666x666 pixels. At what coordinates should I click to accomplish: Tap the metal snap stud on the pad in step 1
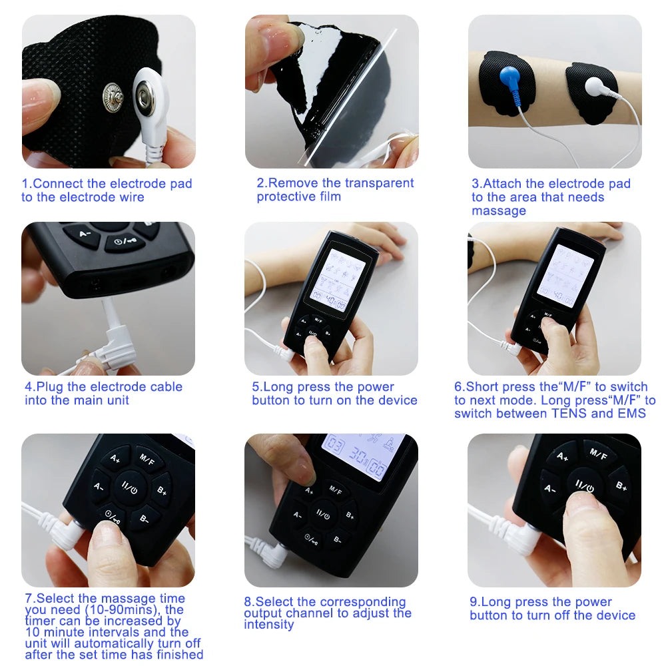tap(114, 98)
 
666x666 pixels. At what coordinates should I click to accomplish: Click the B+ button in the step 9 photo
tap(619, 486)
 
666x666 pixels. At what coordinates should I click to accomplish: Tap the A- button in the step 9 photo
tap(550, 488)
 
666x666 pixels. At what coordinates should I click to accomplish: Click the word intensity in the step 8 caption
tap(269, 625)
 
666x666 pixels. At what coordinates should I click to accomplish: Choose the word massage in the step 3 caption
tap(499, 211)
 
